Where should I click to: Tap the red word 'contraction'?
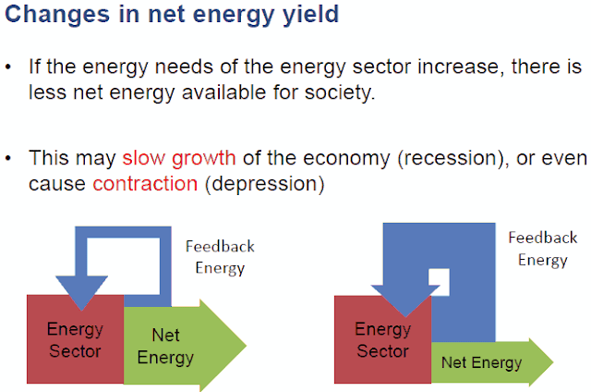coord(145,183)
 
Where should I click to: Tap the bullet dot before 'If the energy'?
coord(9,69)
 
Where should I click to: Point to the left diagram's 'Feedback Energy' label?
coord(220,257)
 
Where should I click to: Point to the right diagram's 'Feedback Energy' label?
coord(542,249)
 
